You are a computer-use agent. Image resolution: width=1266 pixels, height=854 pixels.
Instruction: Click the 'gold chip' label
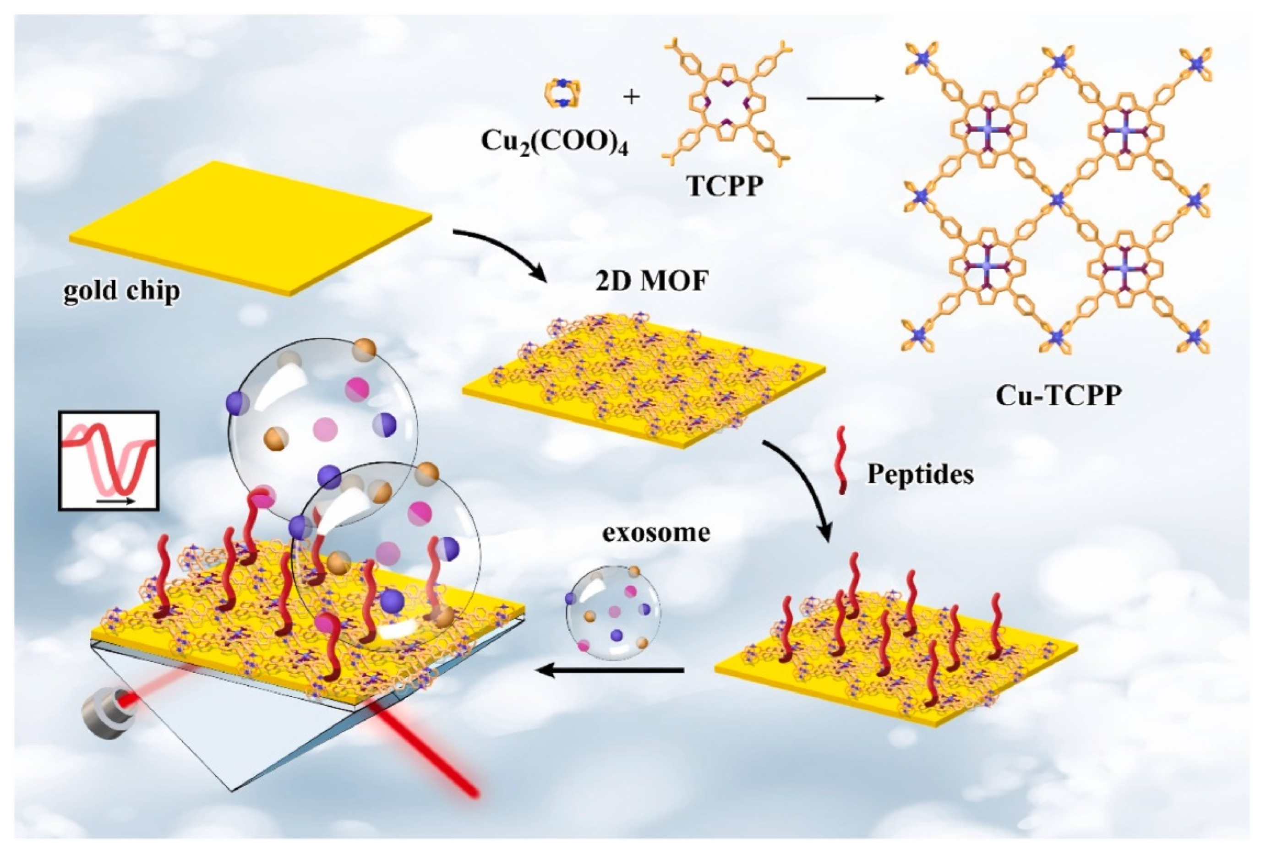click(121, 290)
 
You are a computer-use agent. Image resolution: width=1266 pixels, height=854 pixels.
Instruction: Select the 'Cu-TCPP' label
click(1058, 396)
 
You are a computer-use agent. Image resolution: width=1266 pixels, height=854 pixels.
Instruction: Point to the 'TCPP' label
click(725, 186)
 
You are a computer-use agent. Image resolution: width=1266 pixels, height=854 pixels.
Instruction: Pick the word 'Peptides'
click(920, 474)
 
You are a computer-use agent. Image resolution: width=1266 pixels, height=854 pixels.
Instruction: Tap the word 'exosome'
click(655, 532)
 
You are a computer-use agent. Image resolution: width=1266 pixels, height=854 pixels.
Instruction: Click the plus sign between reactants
click(631, 98)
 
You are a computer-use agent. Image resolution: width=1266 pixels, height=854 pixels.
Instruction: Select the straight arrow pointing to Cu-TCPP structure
click(844, 98)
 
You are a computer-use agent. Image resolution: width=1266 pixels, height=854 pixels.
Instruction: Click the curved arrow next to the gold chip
click(501, 250)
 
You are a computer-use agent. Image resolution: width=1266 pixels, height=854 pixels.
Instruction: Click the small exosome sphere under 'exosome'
click(613, 613)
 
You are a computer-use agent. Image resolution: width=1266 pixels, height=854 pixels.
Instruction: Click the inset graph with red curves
click(109, 461)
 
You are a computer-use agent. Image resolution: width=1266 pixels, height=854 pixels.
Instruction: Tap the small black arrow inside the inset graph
click(115, 500)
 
